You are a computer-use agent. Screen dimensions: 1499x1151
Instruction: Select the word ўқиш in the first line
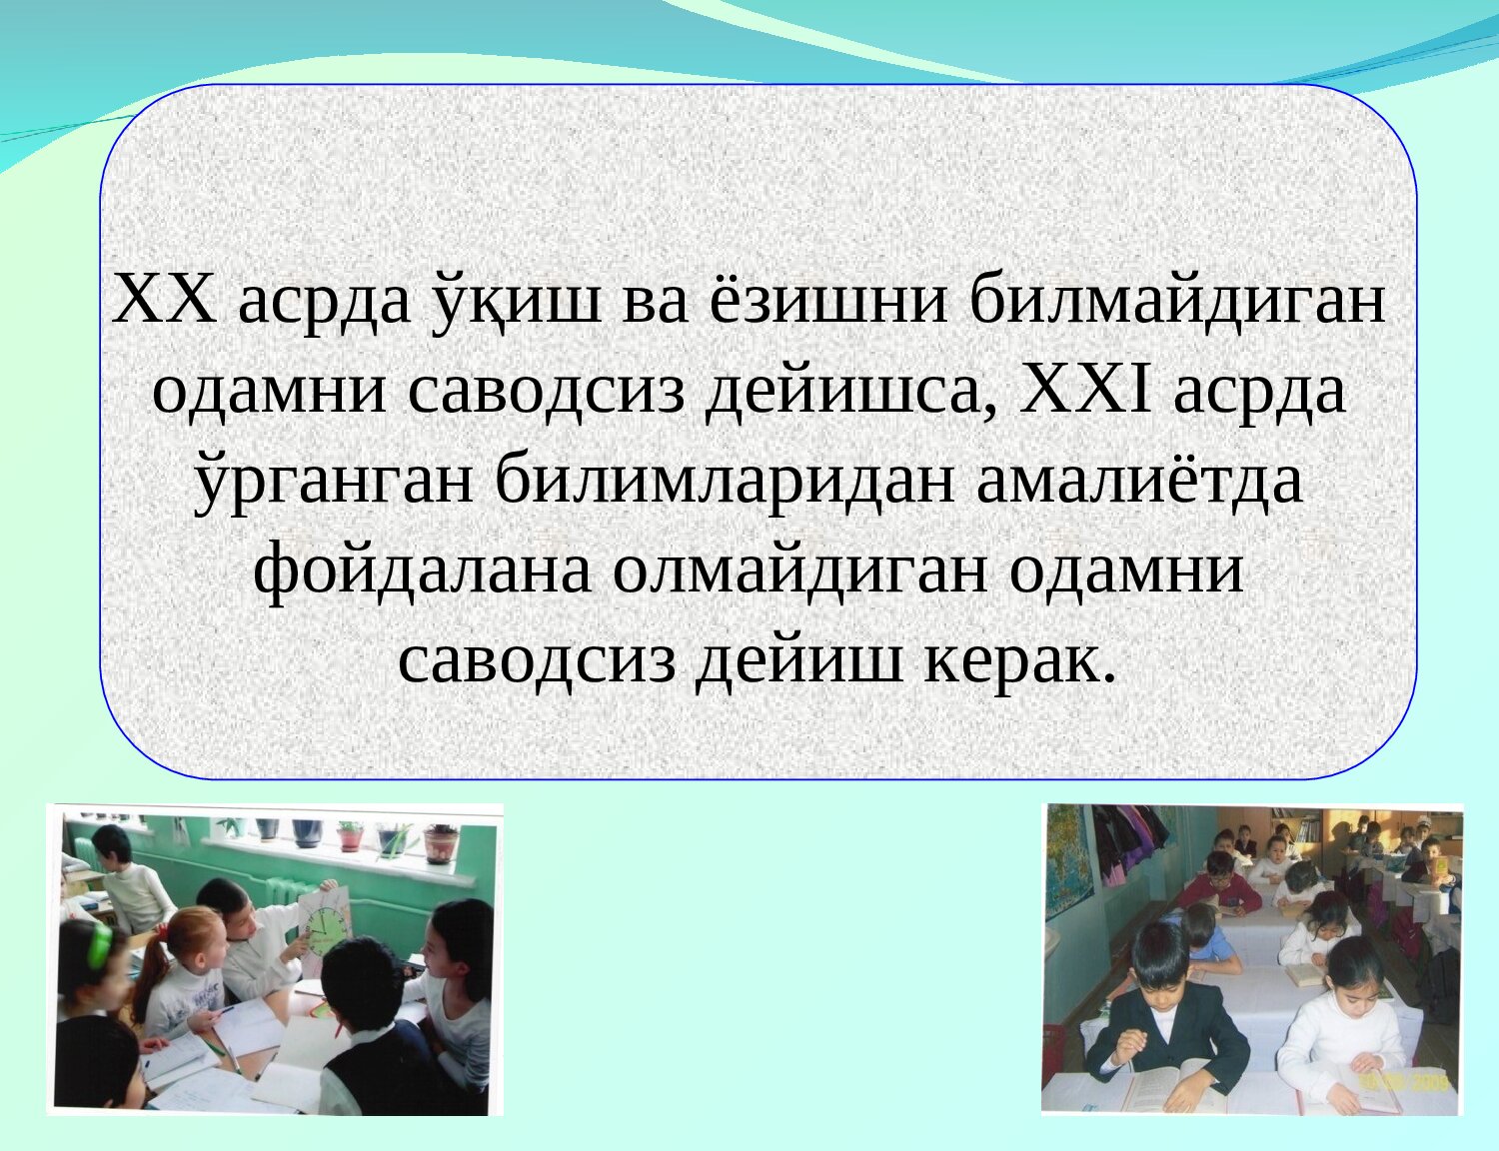(517, 302)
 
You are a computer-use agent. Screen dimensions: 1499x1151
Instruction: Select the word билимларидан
(725, 486)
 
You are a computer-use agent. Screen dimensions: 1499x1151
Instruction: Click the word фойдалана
(422, 575)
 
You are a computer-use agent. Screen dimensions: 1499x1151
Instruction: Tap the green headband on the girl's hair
(101, 944)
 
